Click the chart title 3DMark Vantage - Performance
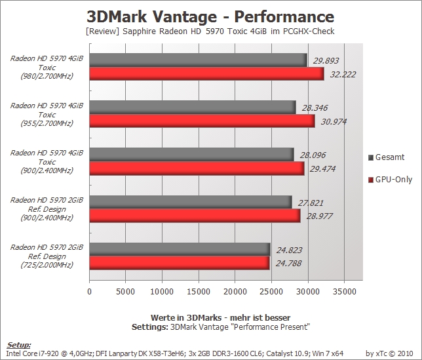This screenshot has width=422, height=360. coord(210,16)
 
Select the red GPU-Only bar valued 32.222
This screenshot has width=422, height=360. coord(206,74)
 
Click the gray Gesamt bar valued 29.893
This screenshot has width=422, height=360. coord(198,60)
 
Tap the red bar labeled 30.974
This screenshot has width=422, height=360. coord(202,121)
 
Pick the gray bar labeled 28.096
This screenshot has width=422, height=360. coord(191,155)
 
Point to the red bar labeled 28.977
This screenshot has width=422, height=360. coord(195,216)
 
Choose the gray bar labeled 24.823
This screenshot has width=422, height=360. coord(180,249)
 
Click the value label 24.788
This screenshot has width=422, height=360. coord(288,263)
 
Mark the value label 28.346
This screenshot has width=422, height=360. coord(315,108)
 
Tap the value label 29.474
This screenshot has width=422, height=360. coord(322,169)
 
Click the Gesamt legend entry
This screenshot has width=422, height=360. coord(387,157)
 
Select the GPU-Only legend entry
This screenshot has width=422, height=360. coord(391,179)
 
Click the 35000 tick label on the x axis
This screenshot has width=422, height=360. coord(344,291)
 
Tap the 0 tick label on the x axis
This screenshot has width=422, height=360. coord(89,291)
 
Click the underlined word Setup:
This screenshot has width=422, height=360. coord(18,345)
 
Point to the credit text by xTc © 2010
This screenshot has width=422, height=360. coord(389,353)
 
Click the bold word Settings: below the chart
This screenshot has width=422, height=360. coord(150,327)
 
